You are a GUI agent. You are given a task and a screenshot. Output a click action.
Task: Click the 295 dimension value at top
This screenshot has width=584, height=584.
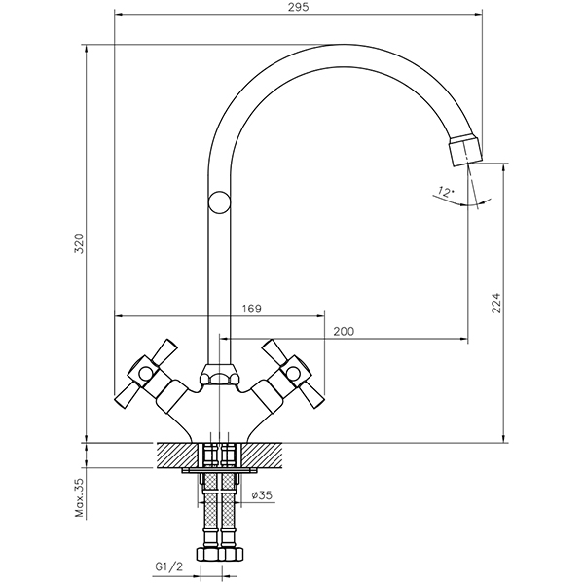tap(299, 8)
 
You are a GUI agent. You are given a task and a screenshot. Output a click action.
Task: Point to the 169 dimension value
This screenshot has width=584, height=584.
tap(251, 309)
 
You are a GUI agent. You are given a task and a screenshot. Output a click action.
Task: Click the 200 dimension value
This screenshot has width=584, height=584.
tap(343, 332)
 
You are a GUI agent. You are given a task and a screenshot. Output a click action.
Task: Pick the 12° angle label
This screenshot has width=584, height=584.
tap(447, 194)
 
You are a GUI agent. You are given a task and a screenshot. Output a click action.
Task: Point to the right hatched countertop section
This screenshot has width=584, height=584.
tap(265, 453)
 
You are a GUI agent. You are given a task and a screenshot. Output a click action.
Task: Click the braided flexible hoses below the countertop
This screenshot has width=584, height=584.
tap(220, 511)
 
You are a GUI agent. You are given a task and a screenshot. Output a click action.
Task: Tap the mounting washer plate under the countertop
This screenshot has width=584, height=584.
tap(220, 472)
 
